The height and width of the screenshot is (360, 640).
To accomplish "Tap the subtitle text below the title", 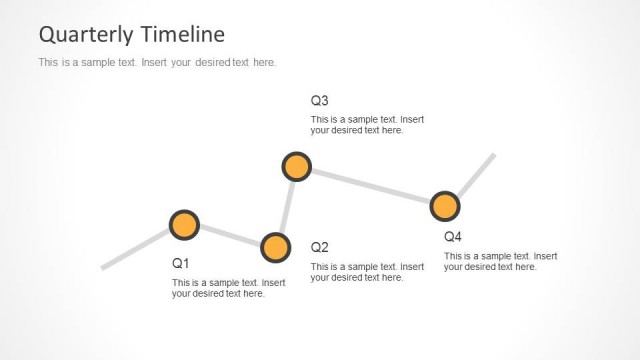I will pos(156,63).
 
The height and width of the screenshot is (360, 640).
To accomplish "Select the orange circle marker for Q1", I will pos(184,225).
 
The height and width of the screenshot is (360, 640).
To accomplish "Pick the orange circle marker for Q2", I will pos(275,247).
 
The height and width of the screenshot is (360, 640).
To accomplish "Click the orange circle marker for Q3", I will pos(297,166).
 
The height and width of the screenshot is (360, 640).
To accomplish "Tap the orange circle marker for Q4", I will pos(445,206).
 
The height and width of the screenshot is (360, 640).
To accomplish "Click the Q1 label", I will pos(181,264).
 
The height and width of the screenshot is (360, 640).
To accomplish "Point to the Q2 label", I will pos(320,247).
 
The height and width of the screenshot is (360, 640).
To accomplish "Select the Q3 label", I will pos(320,101).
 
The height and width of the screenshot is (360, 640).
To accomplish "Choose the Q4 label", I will pos(453,237).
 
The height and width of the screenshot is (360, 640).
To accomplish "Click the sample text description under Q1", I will pos(229,288).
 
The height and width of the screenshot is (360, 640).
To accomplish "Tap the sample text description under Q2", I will pos(367,272).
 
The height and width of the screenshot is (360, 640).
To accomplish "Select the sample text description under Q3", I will pos(367,125).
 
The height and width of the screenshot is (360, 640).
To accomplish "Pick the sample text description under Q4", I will pos(500,261).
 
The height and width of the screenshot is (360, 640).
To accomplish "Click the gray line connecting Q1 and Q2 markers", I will pos(230,236).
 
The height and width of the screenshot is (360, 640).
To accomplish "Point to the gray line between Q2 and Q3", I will pos(286,207).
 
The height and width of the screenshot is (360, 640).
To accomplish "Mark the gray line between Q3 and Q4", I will pos(371,186).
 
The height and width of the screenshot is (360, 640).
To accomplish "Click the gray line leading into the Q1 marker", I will pos(136,249).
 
